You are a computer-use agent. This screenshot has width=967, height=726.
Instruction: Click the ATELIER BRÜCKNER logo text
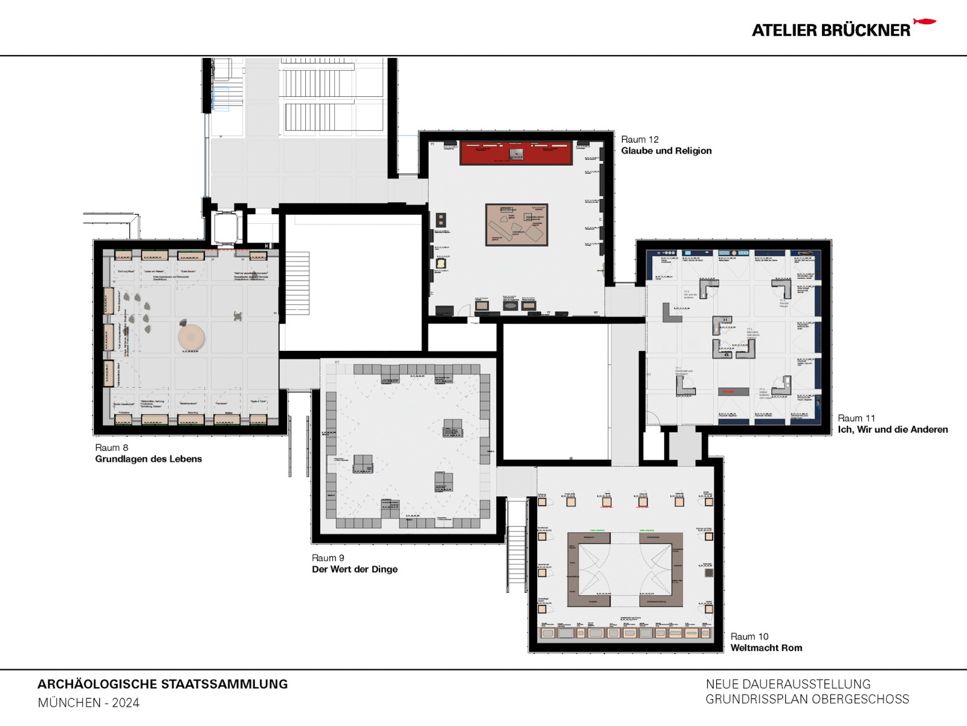pyautogui.click(x=830, y=30)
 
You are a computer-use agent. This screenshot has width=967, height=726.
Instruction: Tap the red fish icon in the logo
pyautogui.click(x=924, y=22)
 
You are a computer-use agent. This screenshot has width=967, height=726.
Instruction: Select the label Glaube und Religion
pyautogui.click(x=666, y=151)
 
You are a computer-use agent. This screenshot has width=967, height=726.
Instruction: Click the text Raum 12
pyautogui.click(x=639, y=139)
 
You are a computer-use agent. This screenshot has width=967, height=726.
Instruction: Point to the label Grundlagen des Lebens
pyautogui.click(x=148, y=459)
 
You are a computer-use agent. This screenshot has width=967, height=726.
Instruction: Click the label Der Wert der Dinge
pyautogui.click(x=354, y=569)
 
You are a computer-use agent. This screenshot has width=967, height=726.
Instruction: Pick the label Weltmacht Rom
pyautogui.click(x=766, y=648)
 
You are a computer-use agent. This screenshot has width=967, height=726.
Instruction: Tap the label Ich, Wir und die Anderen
pyautogui.click(x=892, y=430)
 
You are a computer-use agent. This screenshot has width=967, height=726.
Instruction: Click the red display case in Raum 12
pyautogui.click(x=516, y=154)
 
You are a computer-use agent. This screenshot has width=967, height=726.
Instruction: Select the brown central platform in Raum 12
pyautogui.click(x=517, y=224)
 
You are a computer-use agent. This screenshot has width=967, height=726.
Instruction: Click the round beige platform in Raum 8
pyautogui.click(x=191, y=337)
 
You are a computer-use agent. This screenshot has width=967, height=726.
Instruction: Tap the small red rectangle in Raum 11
pyautogui.click(x=729, y=392)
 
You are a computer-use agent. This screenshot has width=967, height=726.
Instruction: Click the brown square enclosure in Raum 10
pyautogui.click(x=625, y=570)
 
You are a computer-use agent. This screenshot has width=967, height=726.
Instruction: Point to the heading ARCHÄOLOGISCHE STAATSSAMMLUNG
pyautogui.click(x=163, y=684)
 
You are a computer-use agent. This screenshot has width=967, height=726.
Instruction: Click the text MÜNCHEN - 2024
pyautogui.click(x=88, y=703)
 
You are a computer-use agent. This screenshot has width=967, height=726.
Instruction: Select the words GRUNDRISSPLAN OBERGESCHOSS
pyautogui.click(x=807, y=699)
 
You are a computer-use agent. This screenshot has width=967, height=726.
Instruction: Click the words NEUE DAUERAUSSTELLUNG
pyautogui.click(x=788, y=684)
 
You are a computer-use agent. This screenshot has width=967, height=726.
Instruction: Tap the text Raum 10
pyautogui.click(x=749, y=636)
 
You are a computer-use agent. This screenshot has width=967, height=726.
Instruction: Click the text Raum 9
pyautogui.click(x=328, y=558)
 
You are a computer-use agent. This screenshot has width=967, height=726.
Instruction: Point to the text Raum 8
pyautogui.click(x=111, y=448)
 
